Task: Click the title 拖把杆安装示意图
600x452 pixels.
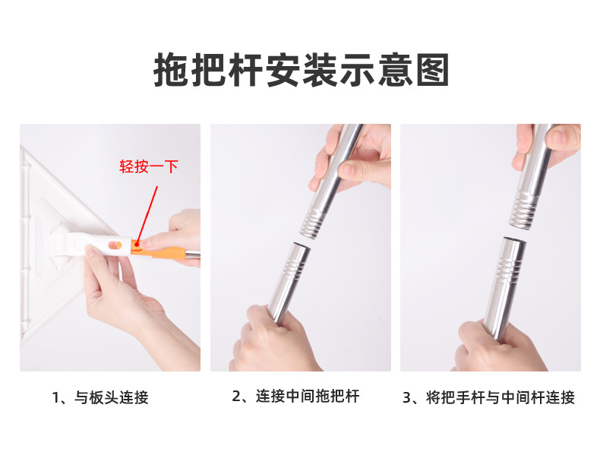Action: click(x=302, y=71)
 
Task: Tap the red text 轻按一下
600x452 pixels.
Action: click(x=148, y=167)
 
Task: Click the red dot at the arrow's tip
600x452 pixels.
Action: click(x=137, y=244)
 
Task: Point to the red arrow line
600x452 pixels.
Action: click(x=147, y=215)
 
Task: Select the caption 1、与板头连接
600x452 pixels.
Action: click(x=100, y=397)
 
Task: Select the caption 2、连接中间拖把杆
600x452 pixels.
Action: click(x=295, y=396)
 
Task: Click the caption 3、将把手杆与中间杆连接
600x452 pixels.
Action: click(x=488, y=397)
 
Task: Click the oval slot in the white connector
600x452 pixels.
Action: click(x=115, y=245)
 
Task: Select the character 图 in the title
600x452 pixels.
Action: click(x=432, y=71)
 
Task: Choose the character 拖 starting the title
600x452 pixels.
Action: click(x=171, y=71)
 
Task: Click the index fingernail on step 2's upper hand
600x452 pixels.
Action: click(x=347, y=169)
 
